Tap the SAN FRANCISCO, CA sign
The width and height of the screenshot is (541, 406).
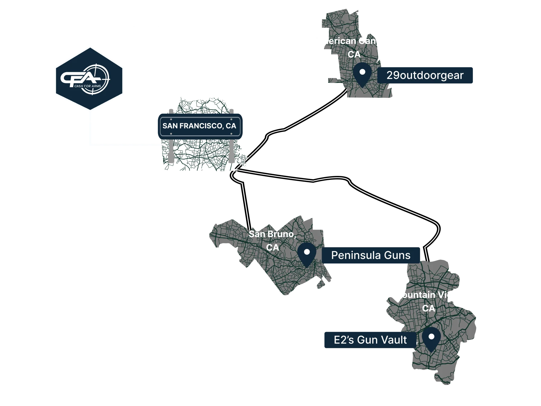point(199,126)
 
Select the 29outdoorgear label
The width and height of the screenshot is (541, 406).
point(425,75)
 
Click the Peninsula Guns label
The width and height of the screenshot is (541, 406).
point(371,255)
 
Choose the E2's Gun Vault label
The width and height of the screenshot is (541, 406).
point(370,340)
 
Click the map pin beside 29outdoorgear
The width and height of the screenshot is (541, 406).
point(362,75)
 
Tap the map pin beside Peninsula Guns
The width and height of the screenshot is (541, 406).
point(307,255)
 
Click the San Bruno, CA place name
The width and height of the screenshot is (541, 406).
point(272,241)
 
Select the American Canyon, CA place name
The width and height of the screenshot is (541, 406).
point(353,48)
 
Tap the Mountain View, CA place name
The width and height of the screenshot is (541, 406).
point(428,302)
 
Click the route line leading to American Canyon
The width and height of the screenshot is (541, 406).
point(313,116)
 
